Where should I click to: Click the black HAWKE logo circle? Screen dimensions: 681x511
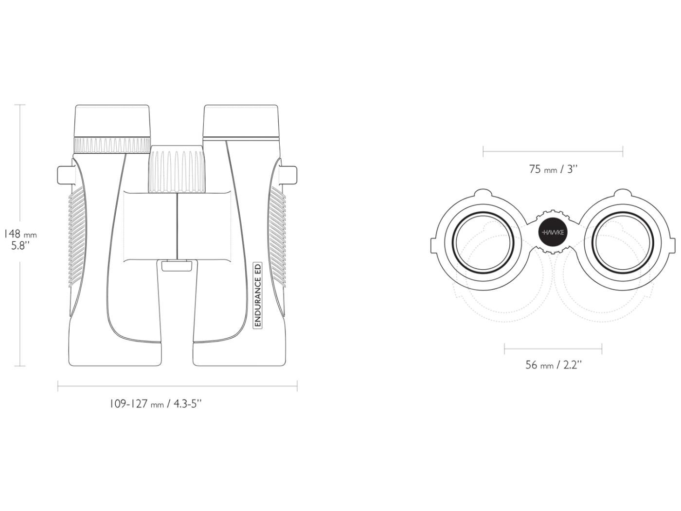[x=553, y=233]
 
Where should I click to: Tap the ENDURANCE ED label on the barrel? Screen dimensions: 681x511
[x=258, y=295]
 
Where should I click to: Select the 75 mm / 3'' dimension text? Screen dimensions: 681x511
[x=553, y=169]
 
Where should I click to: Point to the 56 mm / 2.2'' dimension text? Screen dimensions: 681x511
[x=553, y=365]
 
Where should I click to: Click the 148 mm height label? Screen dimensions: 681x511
[x=20, y=234]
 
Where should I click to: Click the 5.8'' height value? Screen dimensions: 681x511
[x=20, y=246]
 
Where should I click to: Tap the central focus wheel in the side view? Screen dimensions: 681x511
[x=177, y=168]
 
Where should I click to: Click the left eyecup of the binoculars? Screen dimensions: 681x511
[x=112, y=121]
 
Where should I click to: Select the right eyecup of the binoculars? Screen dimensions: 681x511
[x=240, y=121]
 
